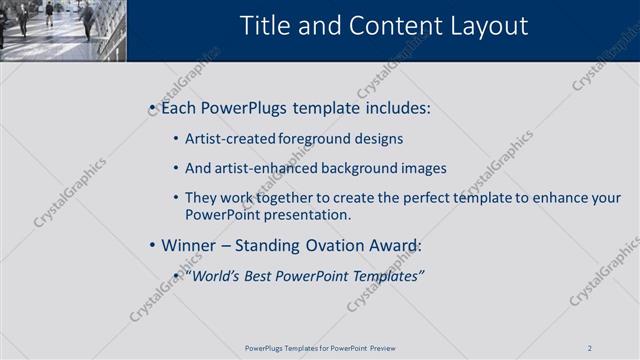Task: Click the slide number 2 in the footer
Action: click(x=590, y=348)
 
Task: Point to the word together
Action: click(x=288, y=198)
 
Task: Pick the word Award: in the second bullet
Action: click(x=396, y=245)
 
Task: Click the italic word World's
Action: click(x=214, y=276)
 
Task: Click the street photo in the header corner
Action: click(x=62, y=30)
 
